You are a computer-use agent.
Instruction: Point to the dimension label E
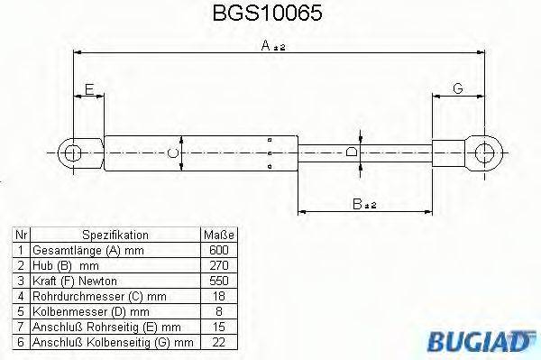(x=88, y=88)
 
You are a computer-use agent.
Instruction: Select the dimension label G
(x=457, y=88)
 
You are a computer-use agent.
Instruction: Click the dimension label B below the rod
(x=362, y=206)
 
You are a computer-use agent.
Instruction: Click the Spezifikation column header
(x=115, y=233)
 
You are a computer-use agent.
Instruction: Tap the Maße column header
(x=219, y=233)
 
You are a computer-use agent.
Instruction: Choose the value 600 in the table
(x=219, y=249)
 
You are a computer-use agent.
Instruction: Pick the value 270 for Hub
(x=219, y=264)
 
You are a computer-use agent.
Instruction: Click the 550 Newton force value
(x=219, y=281)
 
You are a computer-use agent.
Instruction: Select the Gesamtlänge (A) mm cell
(x=76, y=249)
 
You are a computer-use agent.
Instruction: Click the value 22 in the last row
(x=219, y=343)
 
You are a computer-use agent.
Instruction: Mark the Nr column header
(x=20, y=233)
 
